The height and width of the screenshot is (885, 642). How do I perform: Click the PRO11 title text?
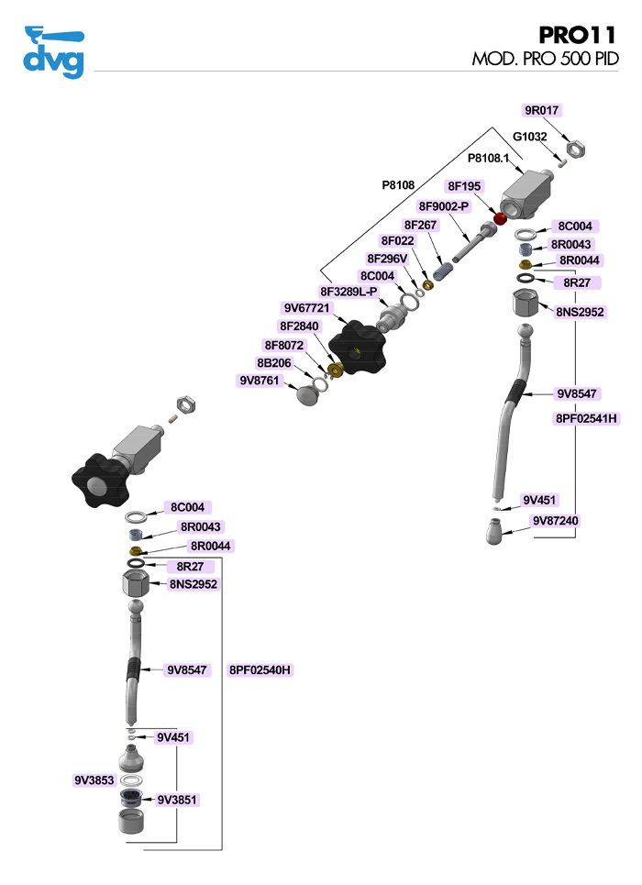coord(578,35)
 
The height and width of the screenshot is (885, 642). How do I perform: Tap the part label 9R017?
coord(541,111)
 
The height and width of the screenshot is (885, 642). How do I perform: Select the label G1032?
coord(530,137)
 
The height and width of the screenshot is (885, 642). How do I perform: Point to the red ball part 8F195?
coord(501,218)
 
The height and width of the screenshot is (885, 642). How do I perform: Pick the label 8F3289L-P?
coord(349,292)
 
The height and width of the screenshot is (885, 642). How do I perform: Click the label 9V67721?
coord(306,308)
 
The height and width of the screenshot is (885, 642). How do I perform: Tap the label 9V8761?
coord(260,380)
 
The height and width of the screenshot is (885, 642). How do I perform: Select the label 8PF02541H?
coord(587,418)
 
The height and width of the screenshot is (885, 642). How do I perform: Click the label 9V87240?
coord(556,521)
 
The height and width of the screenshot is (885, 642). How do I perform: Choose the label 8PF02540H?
coord(260,670)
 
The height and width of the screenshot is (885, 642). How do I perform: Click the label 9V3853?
coord(94,780)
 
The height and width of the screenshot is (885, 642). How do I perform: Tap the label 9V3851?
coord(177,800)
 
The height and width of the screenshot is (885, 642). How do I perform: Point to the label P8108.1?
coord(488,159)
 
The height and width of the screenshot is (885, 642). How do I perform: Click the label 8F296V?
coord(386,259)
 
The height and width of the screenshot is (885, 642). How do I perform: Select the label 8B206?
coord(274,362)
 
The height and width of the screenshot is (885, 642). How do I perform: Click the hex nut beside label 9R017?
coord(576,147)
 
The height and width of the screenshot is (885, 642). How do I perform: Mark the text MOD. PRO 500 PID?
coord(545,59)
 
